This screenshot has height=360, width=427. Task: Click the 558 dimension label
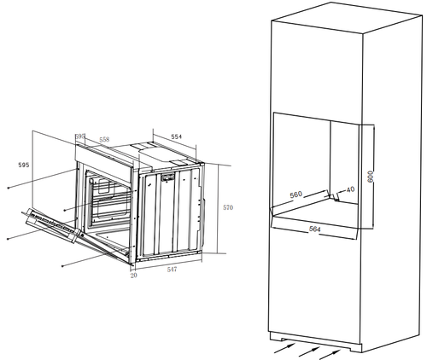point(104,140)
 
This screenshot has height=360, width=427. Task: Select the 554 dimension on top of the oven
point(177,136)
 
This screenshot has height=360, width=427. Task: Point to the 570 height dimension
point(228,207)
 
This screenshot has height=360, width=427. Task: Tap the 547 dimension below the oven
point(172,270)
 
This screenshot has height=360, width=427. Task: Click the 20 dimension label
point(133,276)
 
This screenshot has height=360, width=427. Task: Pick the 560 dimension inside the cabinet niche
point(296,195)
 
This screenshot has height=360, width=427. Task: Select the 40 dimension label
point(351,189)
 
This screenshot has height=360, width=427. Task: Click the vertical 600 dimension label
point(370,177)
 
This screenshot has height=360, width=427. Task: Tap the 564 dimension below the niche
point(315,229)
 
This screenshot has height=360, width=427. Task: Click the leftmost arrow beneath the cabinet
point(284,348)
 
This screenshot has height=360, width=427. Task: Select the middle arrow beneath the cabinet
point(308,351)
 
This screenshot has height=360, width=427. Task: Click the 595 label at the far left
point(24,165)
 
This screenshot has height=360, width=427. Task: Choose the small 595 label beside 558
point(80,136)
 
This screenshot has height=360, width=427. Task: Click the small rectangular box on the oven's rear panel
point(168,177)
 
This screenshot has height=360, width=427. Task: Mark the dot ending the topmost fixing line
point(9,188)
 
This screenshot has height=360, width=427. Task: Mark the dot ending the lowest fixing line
point(62,266)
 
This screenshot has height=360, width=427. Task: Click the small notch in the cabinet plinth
point(284,340)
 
